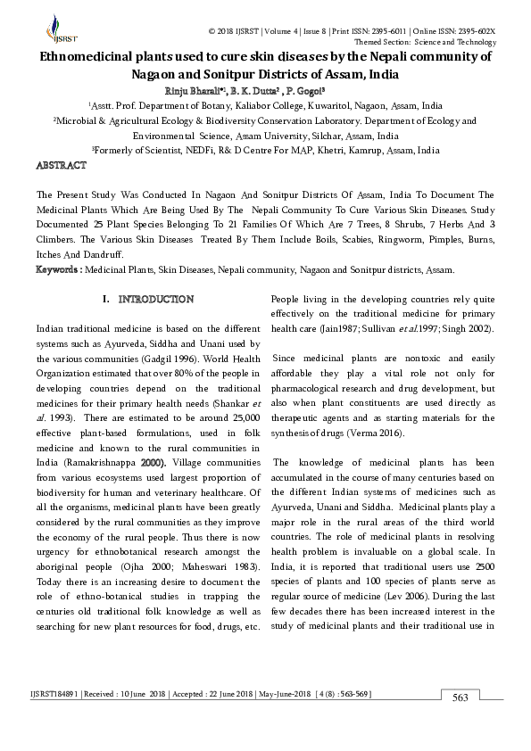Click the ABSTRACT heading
point(61,166)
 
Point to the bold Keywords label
point(61,269)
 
